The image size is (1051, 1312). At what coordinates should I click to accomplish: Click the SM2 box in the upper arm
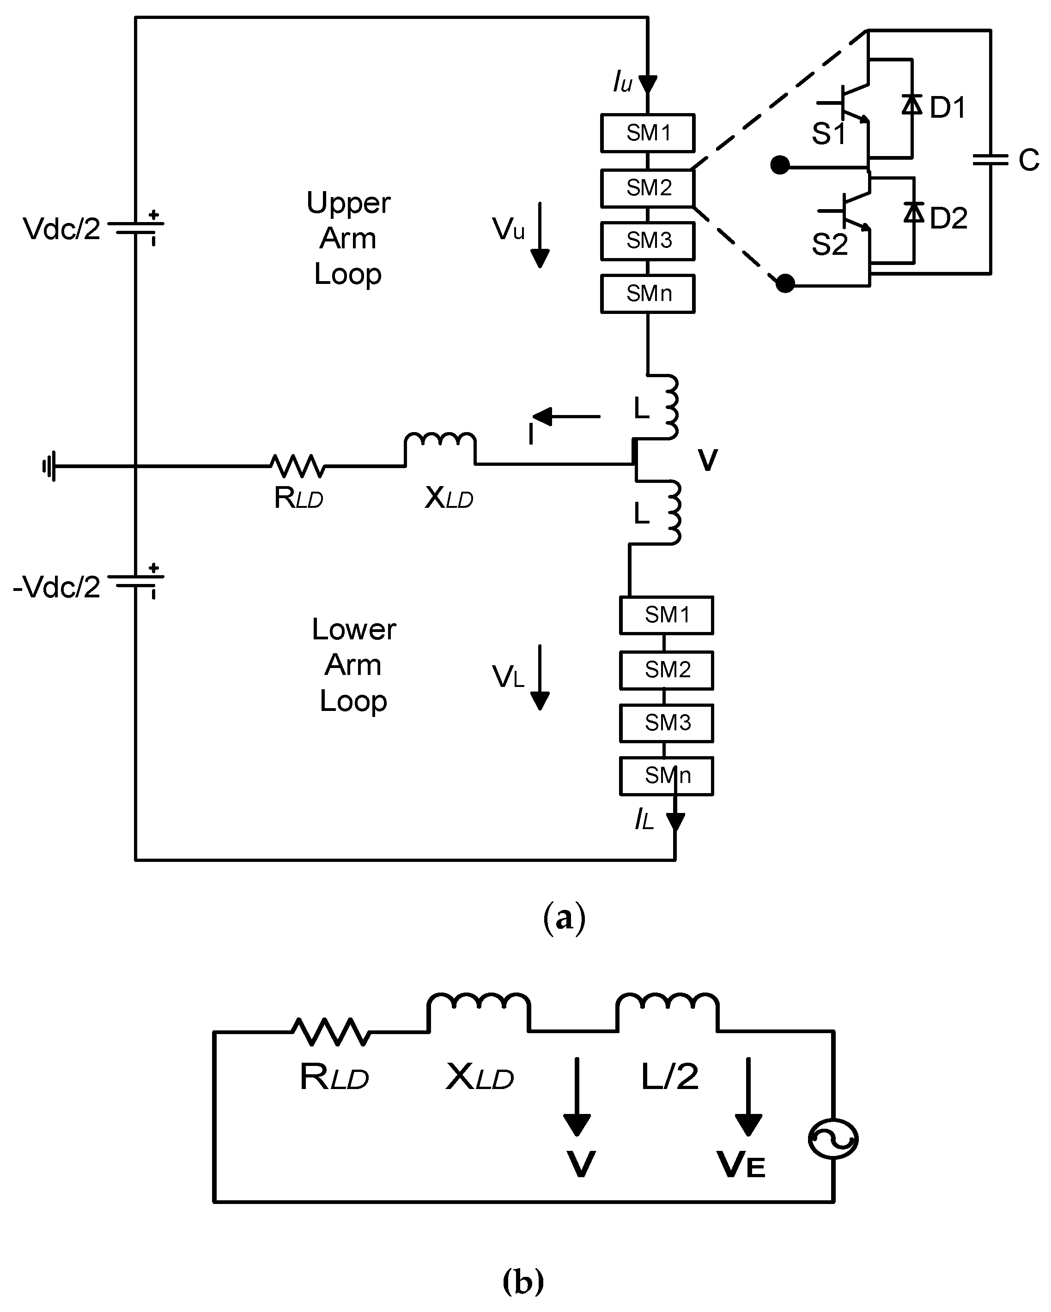pyautogui.click(x=647, y=188)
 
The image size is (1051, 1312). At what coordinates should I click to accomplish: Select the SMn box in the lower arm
pyautogui.click(x=666, y=776)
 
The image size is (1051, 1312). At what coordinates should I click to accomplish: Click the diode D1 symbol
pyautogui.click(x=911, y=105)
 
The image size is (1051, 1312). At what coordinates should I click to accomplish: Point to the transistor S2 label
pyautogui.click(x=829, y=245)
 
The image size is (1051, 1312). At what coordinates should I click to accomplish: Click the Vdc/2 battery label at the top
pyautogui.click(x=61, y=229)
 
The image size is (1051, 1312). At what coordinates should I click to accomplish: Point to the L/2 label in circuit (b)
pyautogui.click(x=669, y=1077)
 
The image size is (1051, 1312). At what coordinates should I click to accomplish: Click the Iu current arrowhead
pyautogui.click(x=647, y=84)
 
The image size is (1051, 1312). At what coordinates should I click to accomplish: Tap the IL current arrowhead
pyautogui.click(x=674, y=822)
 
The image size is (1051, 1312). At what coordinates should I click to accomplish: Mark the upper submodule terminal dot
pyautogui.click(x=780, y=165)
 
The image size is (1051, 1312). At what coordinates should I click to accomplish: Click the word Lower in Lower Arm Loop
pyautogui.click(x=353, y=629)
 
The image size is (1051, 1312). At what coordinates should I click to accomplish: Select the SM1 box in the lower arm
pyautogui.click(x=666, y=615)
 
